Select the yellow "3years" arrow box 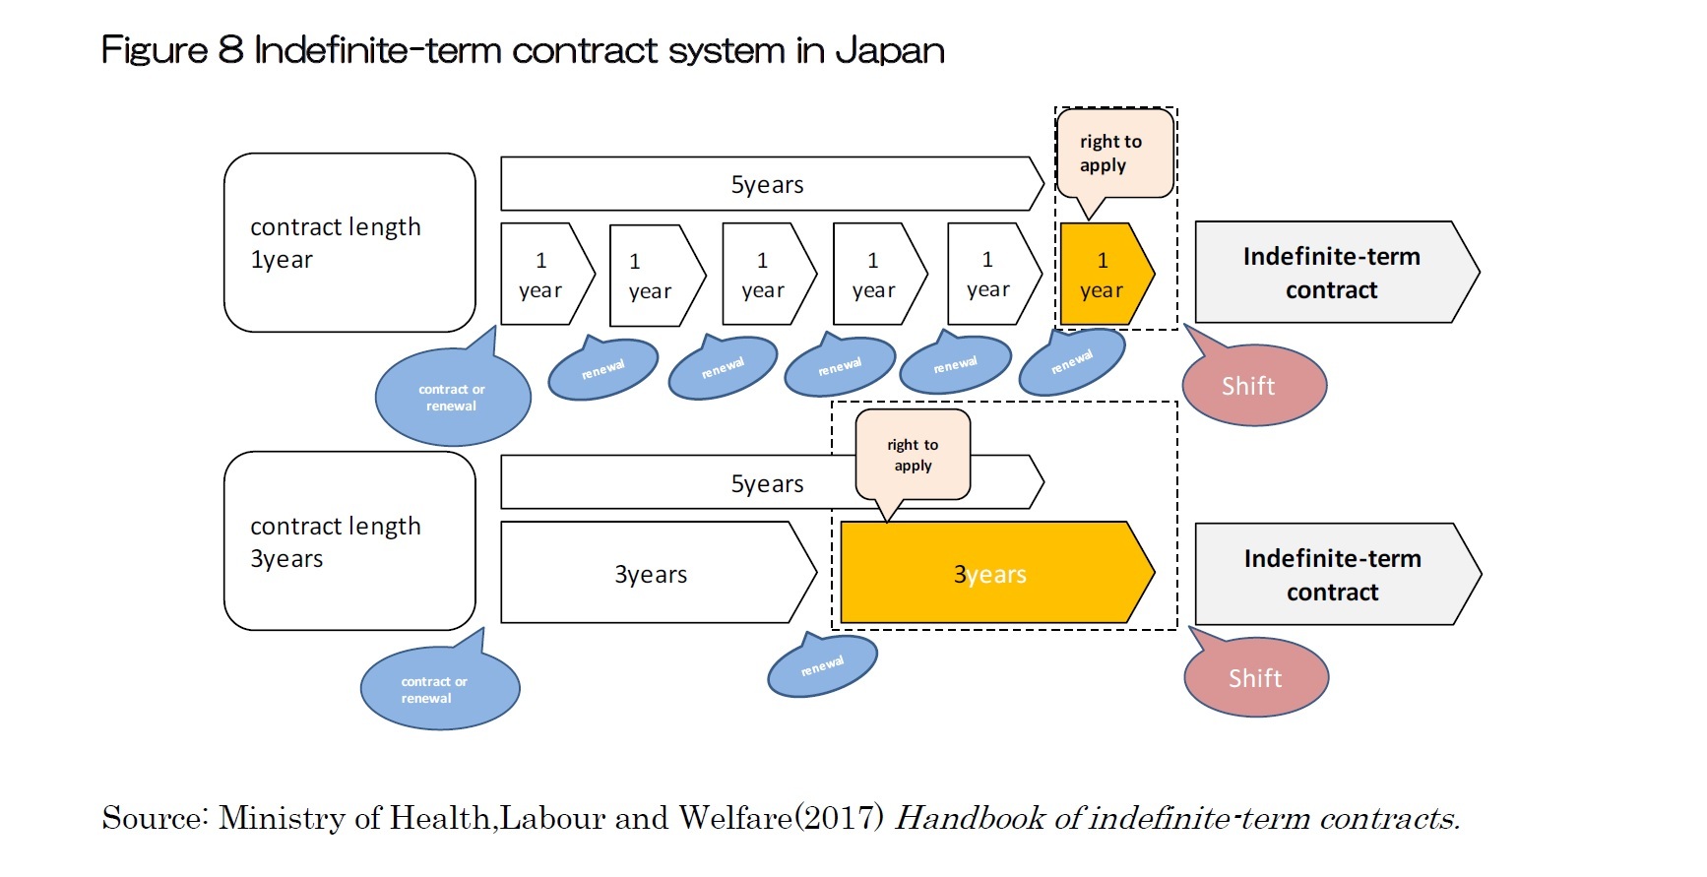tap(989, 574)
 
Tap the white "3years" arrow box tap(651, 574)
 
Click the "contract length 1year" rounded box tap(349, 242)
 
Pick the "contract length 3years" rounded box tap(349, 541)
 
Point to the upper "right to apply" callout tap(1113, 154)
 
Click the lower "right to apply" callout tap(913, 456)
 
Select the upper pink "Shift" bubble tap(1253, 386)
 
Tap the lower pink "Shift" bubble tap(1256, 678)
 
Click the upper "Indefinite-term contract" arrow tap(1331, 273)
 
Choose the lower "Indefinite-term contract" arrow tap(1332, 575)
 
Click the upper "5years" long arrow tap(767, 184)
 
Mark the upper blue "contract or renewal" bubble tap(452, 398)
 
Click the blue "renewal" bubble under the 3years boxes tap(822, 666)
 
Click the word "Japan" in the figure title tap(889, 50)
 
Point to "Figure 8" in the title tap(171, 50)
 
